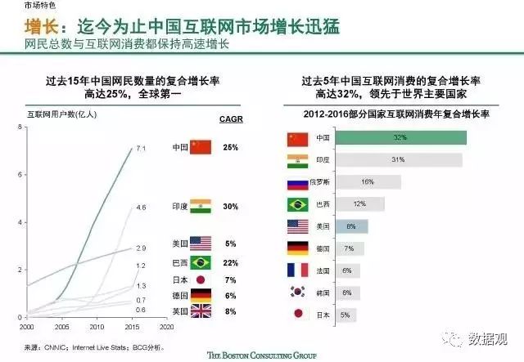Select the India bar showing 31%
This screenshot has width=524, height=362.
[397, 159]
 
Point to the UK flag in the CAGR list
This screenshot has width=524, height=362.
[201, 311]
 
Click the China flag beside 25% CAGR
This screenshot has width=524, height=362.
[201, 148]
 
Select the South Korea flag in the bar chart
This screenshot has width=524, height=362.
[297, 293]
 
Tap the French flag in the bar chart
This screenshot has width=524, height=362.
[297, 270]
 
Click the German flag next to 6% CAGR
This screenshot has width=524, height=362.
[201, 295]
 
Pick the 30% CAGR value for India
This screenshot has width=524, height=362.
[230, 207]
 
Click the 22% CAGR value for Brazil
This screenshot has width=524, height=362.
[230, 261]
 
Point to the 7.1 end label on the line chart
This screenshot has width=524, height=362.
[140, 149]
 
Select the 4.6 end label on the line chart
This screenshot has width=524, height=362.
[140, 208]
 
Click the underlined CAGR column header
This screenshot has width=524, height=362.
[230, 119]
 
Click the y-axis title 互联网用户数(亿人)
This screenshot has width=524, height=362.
[62, 116]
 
